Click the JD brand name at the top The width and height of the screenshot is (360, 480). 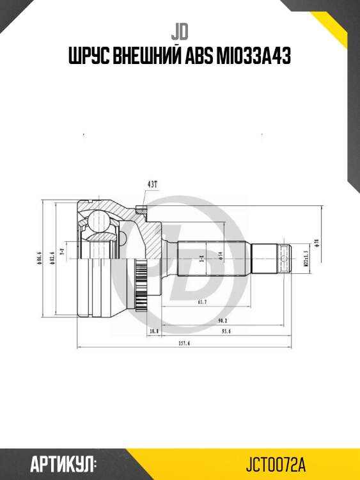point(180,30)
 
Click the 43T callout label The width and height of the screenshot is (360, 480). point(152,184)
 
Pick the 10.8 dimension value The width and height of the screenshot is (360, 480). point(153,332)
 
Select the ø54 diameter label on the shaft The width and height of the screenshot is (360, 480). point(219,257)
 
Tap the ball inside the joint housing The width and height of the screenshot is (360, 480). point(99,221)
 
